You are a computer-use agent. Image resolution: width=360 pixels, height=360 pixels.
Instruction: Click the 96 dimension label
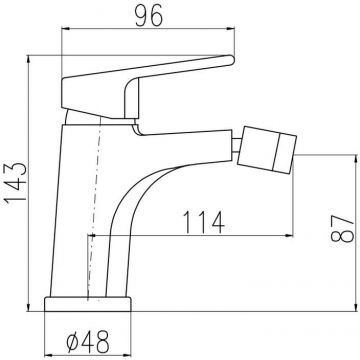[x=149, y=16]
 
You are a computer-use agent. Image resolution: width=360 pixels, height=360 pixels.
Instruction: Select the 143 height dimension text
[x=16, y=183]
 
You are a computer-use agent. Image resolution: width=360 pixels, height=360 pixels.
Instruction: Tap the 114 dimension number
[x=203, y=222]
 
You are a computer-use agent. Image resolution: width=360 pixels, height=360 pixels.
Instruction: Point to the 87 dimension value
[x=342, y=228]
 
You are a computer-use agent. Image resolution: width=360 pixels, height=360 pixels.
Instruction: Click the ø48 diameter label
[x=88, y=342]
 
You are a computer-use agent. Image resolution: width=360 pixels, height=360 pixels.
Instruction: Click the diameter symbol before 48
[x=73, y=342]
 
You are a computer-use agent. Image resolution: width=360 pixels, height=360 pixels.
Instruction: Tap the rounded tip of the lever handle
[x=231, y=60]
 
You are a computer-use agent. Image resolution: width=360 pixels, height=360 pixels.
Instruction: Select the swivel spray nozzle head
[x=267, y=150]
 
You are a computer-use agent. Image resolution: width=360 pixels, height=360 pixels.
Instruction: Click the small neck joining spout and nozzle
[x=236, y=147]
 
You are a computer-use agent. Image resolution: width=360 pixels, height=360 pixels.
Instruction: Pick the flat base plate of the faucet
[x=88, y=304]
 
